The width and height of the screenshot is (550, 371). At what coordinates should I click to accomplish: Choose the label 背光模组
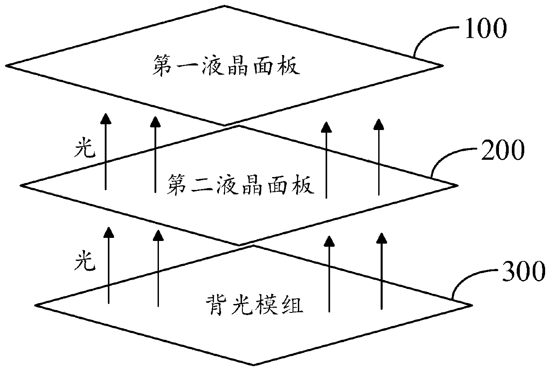pyautogui.click(x=254, y=306)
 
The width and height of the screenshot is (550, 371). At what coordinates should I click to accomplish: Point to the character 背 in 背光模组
pyautogui.click(x=214, y=306)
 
